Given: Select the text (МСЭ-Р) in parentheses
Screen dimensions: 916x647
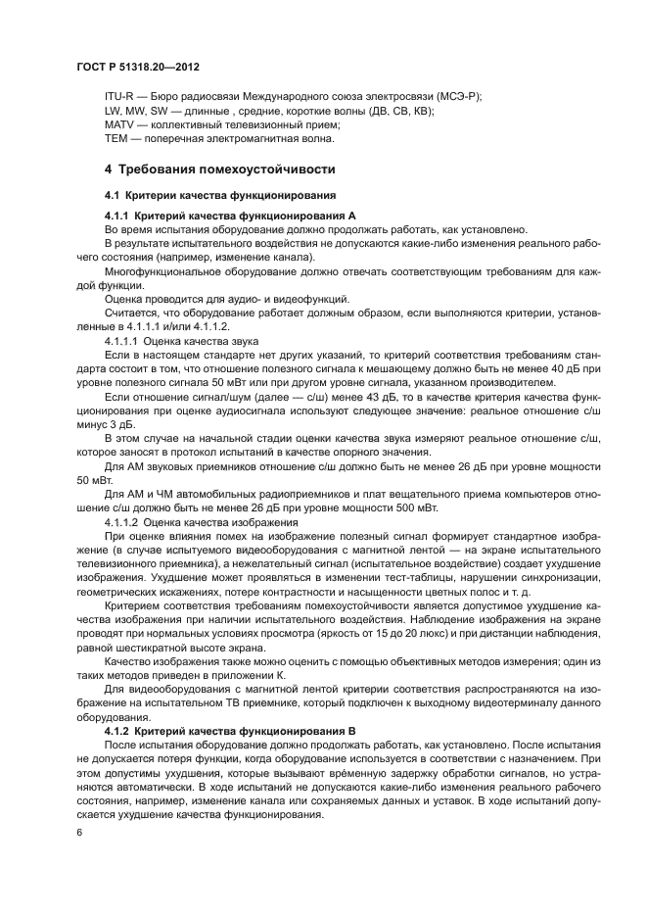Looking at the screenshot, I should tap(460, 97).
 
